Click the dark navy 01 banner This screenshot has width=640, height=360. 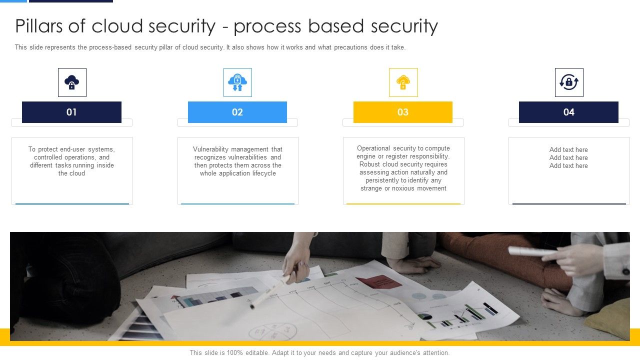[71, 112]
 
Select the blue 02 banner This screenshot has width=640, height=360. [237, 112]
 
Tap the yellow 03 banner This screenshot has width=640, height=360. [402, 112]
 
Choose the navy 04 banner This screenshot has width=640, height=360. [568, 112]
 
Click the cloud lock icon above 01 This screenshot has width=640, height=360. [72, 82]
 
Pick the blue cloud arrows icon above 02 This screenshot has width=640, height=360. [237, 82]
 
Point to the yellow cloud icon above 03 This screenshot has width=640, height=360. [403, 82]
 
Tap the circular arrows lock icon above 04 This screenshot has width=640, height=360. [569, 82]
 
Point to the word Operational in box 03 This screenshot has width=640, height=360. [373, 148]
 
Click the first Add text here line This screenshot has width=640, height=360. [568, 150]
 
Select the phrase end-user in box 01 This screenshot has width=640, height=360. [73, 149]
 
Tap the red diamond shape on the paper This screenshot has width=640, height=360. [378, 281]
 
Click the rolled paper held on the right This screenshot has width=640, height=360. [531, 251]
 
